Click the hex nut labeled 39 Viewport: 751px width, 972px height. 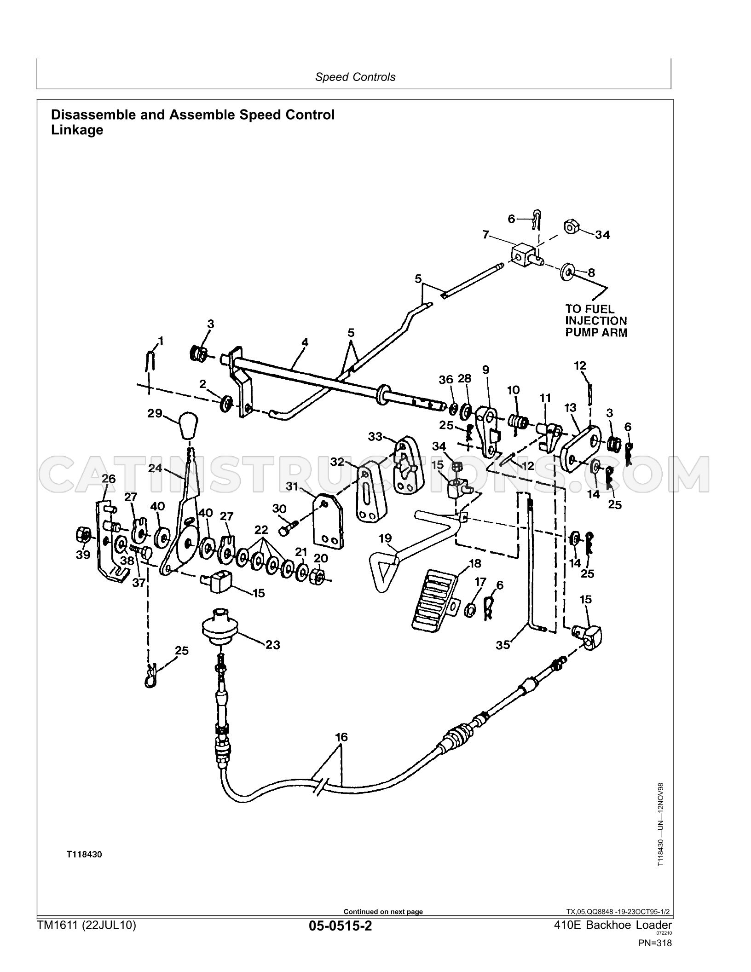[x=82, y=536]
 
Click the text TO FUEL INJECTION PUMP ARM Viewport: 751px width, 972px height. [x=596, y=321]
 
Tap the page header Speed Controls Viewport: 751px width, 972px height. [x=355, y=77]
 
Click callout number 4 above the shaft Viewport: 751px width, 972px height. [x=305, y=342]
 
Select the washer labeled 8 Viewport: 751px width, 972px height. [x=567, y=272]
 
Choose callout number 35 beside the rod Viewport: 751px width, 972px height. [x=503, y=645]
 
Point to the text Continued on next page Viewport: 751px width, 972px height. [x=383, y=912]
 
